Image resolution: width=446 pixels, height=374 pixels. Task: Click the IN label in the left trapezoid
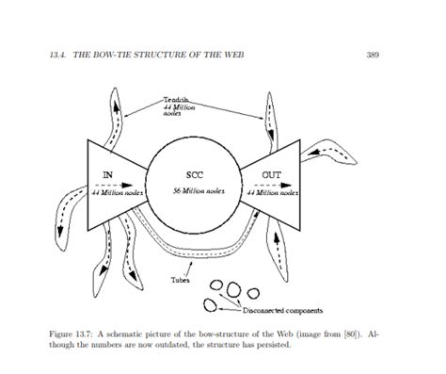point(108,175)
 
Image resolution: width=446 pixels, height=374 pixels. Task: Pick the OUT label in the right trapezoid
point(273,175)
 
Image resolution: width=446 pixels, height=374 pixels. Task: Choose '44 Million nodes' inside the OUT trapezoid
point(274,191)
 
